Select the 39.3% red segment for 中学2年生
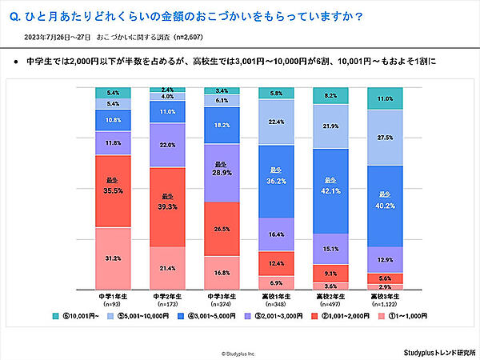(x=167, y=202)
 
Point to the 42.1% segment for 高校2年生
(x=330, y=190)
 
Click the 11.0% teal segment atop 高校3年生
(x=384, y=98)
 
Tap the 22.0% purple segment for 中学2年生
(x=167, y=145)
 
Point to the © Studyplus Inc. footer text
(x=239, y=351)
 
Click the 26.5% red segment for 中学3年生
(x=222, y=229)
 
